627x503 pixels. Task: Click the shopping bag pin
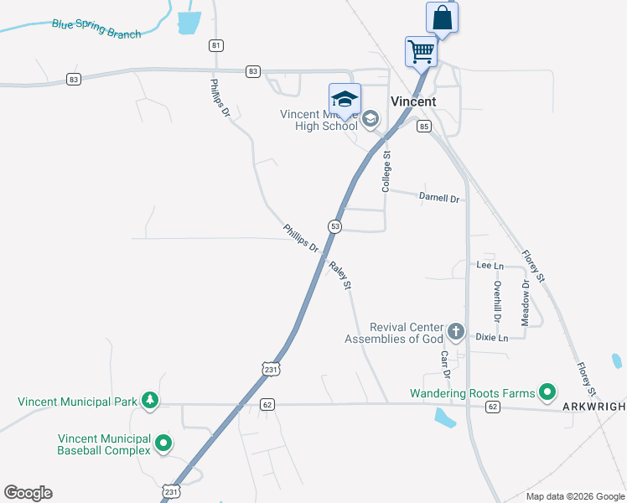(x=442, y=18)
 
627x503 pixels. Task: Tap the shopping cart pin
(x=421, y=51)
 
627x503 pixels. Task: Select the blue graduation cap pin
(x=345, y=99)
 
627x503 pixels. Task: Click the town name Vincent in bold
(x=413, y=101)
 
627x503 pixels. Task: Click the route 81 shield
(x=217, y=45)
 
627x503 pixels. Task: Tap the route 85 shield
(x=424, y=127)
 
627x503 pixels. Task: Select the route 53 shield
(x=334, y=226)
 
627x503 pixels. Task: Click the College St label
(x=387, y=171)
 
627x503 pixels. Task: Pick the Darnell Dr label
(x=439, y=199)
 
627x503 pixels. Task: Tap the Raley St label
(x=340, y=276)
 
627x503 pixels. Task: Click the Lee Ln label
(x=490, y=265)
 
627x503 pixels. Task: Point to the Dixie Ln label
(x=492, y=337)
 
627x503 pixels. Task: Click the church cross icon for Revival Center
(x=456, y=332)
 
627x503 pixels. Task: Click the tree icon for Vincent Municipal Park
(x=150, y=401)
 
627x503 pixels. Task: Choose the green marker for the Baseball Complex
(x=163, y=443)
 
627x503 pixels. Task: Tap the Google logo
(x=28, y=493)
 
